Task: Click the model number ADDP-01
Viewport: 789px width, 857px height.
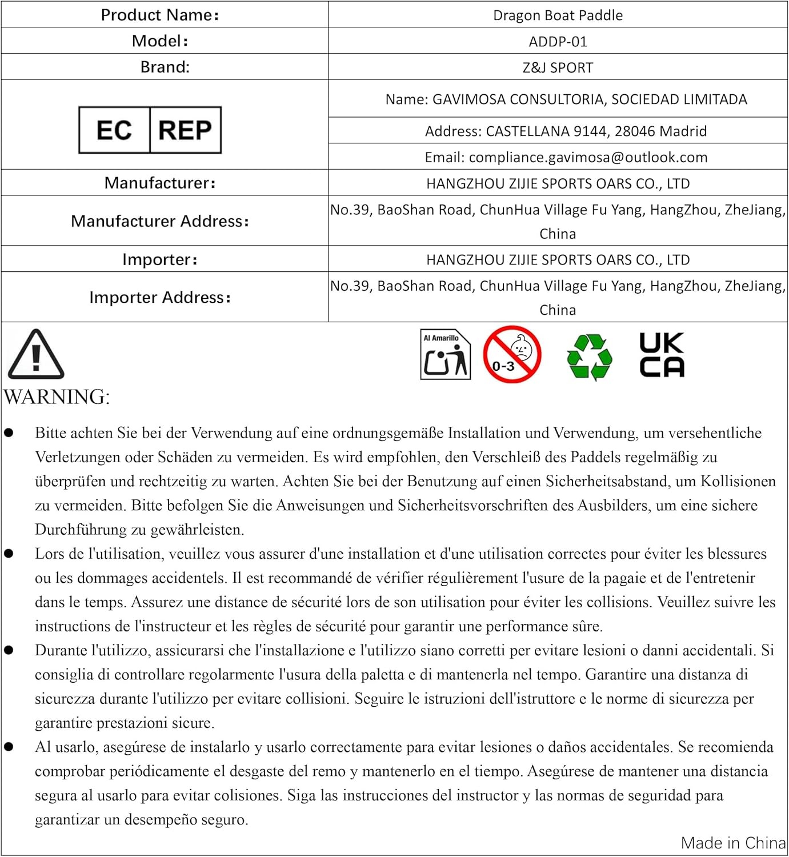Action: (558, 42)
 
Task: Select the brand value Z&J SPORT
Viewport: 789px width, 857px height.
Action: (558, 68)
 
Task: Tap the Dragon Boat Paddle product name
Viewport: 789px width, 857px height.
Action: (558, 15)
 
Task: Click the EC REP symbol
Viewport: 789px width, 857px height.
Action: (150, 130)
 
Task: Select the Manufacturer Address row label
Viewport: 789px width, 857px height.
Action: (160, 222)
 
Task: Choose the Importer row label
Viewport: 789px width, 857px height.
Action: (160, 260)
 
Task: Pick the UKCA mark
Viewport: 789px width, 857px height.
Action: (662, 355)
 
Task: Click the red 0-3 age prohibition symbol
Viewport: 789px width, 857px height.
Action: (511, 354)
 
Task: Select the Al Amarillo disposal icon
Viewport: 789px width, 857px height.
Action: (445, 354)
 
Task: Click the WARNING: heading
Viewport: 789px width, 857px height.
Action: (57, 397)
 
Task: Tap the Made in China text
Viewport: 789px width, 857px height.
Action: (733, 843)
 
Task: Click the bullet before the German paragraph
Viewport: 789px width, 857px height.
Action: (9, 433)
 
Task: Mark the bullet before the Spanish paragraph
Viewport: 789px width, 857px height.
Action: (9, 747)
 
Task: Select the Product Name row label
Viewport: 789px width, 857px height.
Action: (160, 15)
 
